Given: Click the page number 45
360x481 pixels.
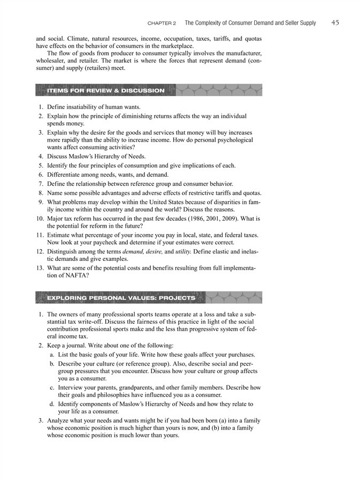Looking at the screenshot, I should tap(335, 23).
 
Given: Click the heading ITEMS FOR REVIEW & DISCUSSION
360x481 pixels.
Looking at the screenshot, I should tap(106, 91).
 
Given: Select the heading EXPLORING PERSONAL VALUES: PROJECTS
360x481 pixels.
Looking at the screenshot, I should tap(121, 297).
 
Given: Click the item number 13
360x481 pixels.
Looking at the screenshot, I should tap(39, 267).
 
